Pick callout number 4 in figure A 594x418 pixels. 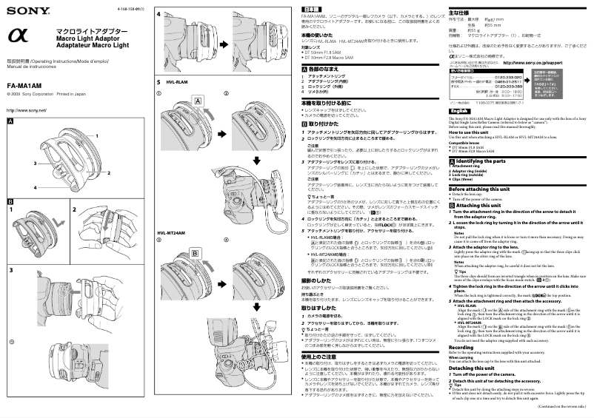[x=35, y=187]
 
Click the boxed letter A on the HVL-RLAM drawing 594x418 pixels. [x=198, y=99]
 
